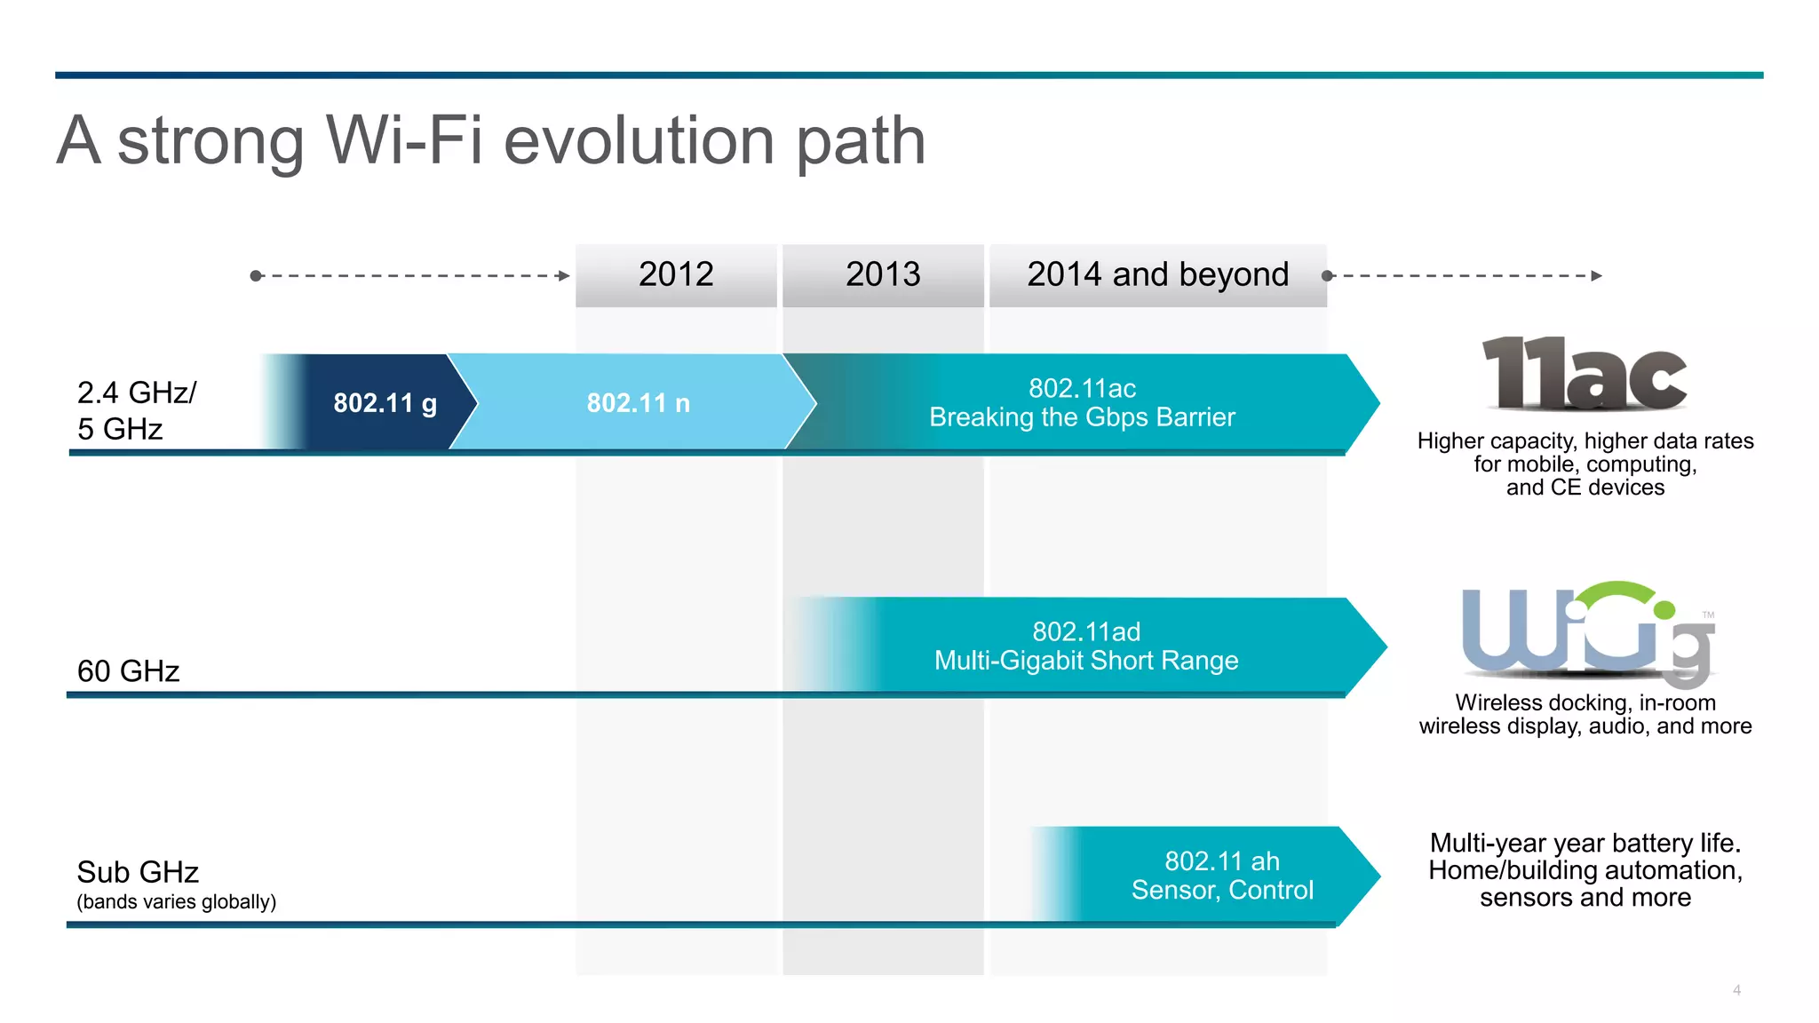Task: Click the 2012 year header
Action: click(676, 274)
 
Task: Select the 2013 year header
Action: click(883, 274)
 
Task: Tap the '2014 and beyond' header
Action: click(1157, 274)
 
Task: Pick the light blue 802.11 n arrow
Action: click(638, 403)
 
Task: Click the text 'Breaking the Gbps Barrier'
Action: click(1082, 417)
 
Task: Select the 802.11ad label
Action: click(1086, 631)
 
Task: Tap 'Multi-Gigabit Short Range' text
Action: click(1086, 661)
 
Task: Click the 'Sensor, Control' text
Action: click(1222, 890)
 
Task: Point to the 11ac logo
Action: click(1585, 374)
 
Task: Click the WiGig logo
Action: click(1587, 634)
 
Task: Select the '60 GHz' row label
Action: click(129, 671)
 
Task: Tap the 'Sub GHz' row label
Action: click(138, 872)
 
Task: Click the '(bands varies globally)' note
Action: click(177, 902)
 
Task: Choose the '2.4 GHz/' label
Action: click(137, 393)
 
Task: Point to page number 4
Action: click(1736, 990)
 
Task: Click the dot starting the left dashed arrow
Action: click(256, 276)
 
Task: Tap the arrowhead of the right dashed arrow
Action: click(1596, 276)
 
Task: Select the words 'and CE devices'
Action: click(1585, 488)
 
